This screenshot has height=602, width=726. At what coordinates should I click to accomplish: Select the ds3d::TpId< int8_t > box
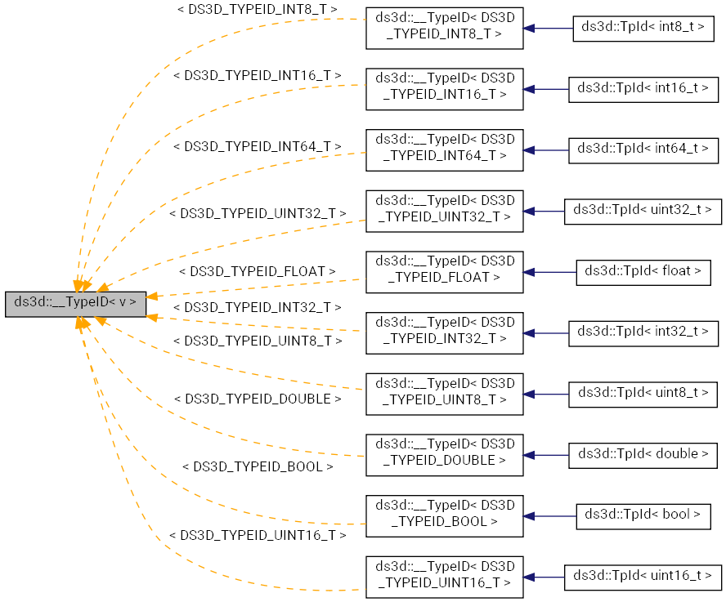click(643, 28)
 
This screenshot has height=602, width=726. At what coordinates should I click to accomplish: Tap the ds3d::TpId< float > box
click(643, 272)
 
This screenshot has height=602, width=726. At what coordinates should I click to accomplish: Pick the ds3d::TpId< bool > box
click(643, 515)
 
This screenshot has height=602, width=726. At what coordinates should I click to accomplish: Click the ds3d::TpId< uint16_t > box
click(643, 576)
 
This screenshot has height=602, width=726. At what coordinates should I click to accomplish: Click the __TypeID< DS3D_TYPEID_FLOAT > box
click(444, 271)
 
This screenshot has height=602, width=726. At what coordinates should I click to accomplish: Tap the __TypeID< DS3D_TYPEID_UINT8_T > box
click(444, 393)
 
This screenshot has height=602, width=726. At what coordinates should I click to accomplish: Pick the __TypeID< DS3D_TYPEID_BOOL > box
click(444, 515)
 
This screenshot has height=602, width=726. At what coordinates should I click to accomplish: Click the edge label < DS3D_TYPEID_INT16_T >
click(258, 75)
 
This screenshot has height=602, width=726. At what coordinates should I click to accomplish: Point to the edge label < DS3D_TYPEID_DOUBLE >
click(258, 399)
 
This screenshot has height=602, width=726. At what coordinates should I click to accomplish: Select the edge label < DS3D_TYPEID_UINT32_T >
click(258, 213)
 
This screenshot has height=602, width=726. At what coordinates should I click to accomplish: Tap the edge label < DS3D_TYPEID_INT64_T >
click(258, 146)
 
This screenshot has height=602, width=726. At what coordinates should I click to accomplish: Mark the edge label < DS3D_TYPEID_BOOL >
click(258, 467)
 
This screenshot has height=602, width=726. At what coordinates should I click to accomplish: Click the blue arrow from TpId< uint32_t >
click(544, 212)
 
